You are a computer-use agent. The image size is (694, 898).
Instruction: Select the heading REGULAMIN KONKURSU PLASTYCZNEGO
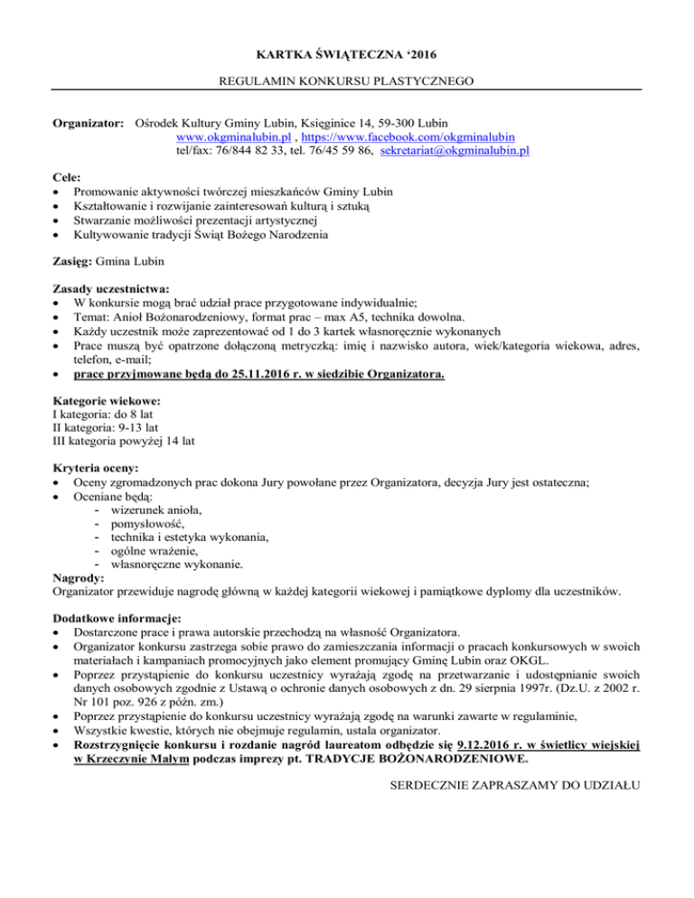coord(347,81)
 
